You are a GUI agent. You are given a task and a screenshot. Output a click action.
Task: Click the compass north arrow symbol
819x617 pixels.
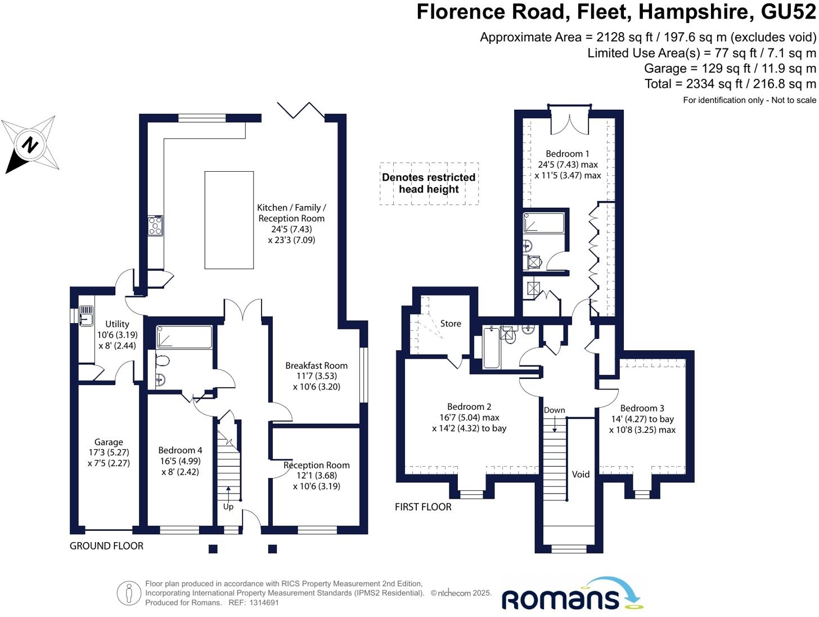click(x=30, y=145)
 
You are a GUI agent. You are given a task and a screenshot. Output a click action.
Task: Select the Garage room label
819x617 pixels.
click(x=109, y=442)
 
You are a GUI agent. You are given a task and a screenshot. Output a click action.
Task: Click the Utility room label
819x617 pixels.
click(x=117, y=324)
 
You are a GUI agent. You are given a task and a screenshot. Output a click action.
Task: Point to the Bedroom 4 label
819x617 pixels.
click(x=180, y=450)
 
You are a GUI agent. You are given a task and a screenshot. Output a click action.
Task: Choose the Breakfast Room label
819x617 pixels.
click(x=316, y=366)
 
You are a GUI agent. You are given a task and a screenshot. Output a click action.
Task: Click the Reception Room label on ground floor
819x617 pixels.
click(x=317, y=466)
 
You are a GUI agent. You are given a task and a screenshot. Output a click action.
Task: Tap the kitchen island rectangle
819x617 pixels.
click(x=229, y=220)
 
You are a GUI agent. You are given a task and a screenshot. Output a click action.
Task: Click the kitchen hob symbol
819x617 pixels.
click(x=155, y=226)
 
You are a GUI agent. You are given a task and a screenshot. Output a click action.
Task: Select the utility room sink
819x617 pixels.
click(x=86, y=316)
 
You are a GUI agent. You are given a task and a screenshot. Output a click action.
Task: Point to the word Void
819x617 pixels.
click(x=580, y=475)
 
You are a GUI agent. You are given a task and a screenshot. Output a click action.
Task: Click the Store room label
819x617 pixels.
click(x=451, y=324)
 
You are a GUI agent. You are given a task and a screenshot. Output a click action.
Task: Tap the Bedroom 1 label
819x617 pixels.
click(x=568, y=154)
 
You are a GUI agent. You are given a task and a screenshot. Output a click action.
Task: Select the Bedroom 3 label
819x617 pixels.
click(x=642, y=409)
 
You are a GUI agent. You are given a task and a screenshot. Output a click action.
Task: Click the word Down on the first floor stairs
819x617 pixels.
click(x=554, y=410)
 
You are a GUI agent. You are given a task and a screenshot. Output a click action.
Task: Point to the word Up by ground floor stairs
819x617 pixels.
click(x=228, y=507)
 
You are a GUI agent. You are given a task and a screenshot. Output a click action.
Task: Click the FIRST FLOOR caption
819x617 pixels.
click(x=423, y=507)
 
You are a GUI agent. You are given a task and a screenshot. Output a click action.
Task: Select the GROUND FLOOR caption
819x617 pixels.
click(x=106, y=546)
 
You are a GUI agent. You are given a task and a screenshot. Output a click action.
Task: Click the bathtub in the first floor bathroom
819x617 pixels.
click(x=492, y=349)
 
